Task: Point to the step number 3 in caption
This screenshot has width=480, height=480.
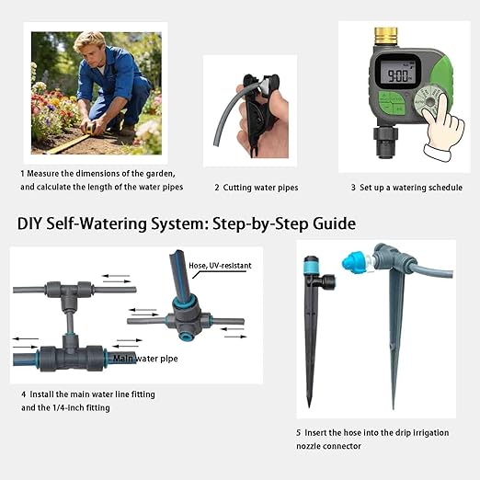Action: (x=353, y=187)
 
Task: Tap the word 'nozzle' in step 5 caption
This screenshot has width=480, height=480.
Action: (x=314, y=446)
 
